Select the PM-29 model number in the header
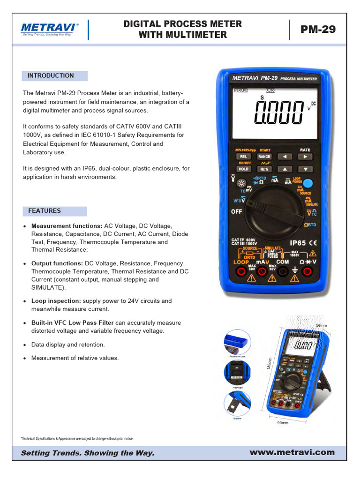coord(318,30)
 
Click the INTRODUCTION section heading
coord(51,75)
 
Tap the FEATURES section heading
coord(45,211)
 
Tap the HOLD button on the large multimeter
coord(243,169)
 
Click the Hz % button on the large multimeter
coord(264,169)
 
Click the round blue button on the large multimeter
coord(307,184)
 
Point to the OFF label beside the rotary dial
coord(237,211)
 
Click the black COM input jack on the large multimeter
coord(282,272)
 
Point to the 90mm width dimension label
coord(283,422)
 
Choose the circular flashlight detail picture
coord(237,372)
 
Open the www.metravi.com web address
coord(292,452)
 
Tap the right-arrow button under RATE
coord(305,157)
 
